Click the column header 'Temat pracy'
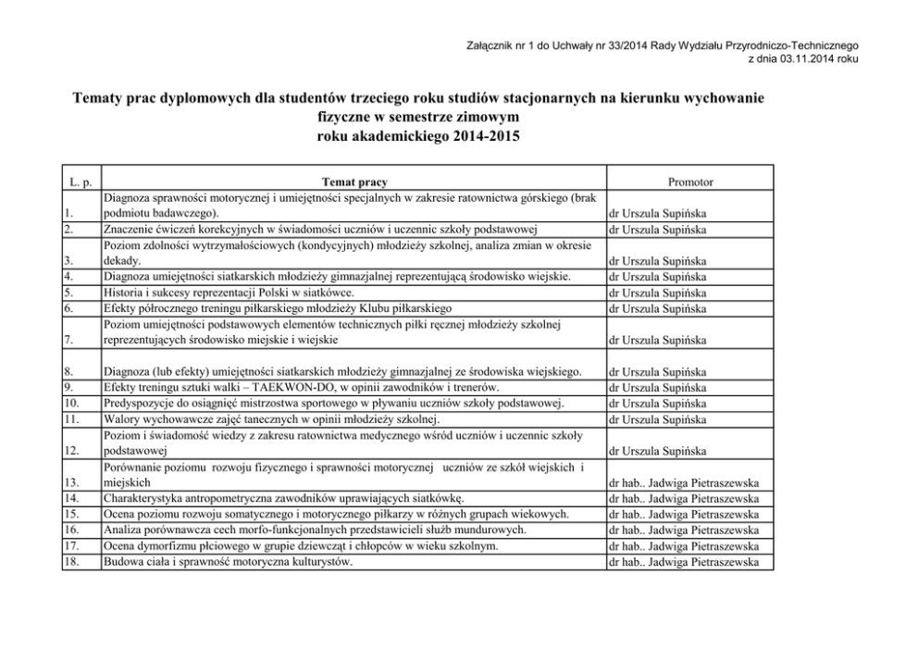click(354, 183)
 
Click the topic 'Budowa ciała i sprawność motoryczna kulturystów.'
click(229, 561)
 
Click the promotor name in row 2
click(657, 229)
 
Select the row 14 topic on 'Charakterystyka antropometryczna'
click(290, 498)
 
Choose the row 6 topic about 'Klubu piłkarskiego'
click(279, 308)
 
